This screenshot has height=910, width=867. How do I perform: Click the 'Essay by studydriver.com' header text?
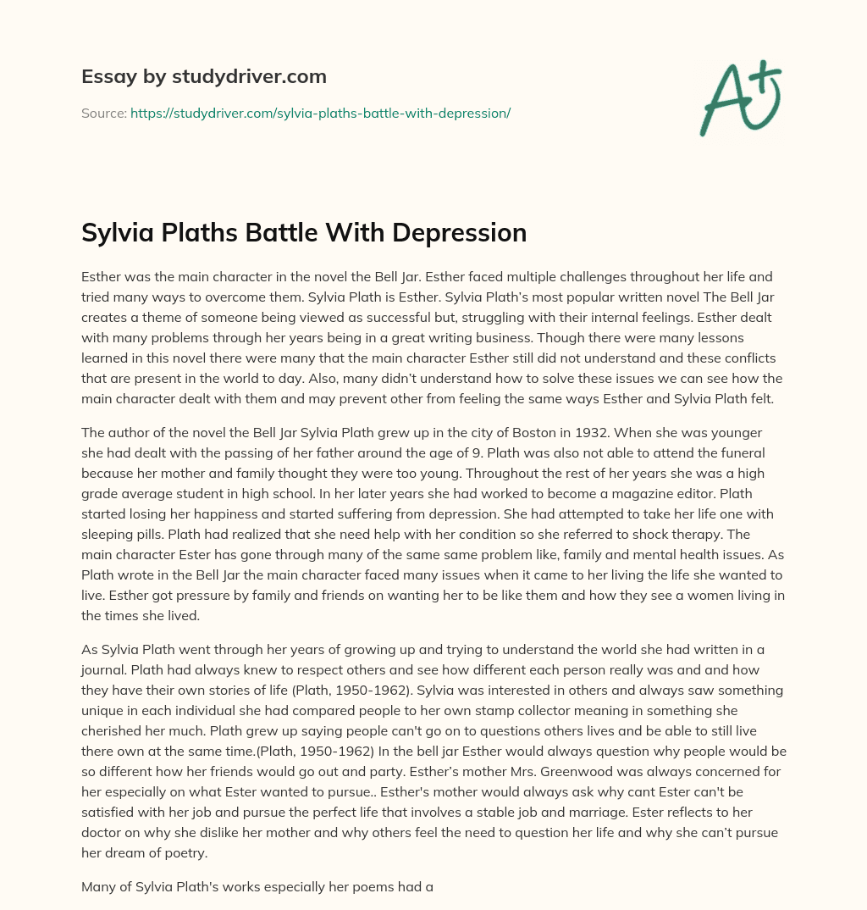click(204, 77)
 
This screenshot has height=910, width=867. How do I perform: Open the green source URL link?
click(320, 113)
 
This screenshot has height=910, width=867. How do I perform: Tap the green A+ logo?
click(739, 98)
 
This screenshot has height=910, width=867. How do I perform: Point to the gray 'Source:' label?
click(103, 113)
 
